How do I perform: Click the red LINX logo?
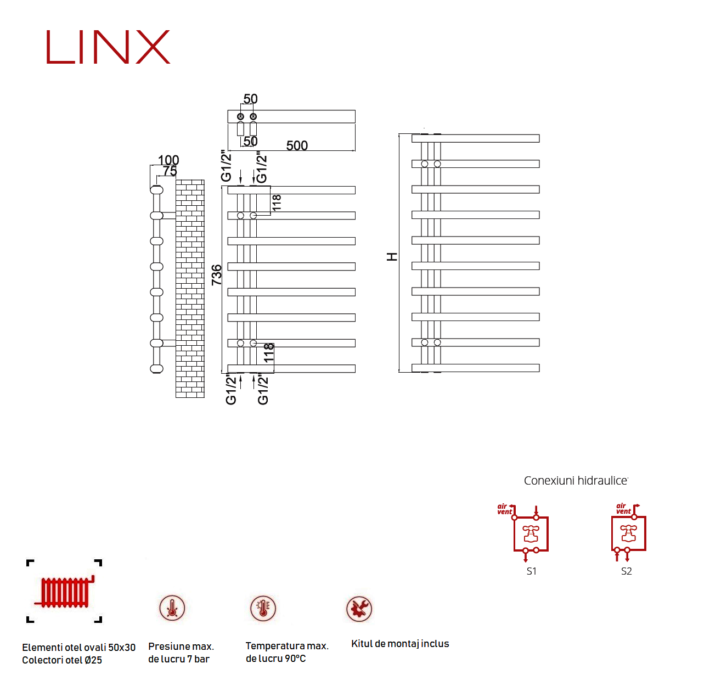pos(108,47)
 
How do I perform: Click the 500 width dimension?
pos(297,145)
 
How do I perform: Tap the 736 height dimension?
pos(217,274)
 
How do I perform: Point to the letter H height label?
pos(392,256)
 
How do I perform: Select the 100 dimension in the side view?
pos(168,160)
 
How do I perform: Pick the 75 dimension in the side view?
pos(170,171)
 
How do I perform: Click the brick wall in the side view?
pos(190,288)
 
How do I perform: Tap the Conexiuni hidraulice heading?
pos(576,481)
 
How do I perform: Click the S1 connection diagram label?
pos(531,571)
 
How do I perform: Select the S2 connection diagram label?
pos(626,571)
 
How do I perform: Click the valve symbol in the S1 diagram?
pos(531,533)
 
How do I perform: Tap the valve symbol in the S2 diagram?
pos(628,533)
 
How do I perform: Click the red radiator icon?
pos(65,592)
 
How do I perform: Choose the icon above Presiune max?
pos(172,608)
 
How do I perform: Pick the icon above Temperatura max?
pos(263,608)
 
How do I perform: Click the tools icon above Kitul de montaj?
pos(359,609)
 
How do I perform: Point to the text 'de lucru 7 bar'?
pos(179,659)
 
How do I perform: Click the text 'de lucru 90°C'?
pos(275,659)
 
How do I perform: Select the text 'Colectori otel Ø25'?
pos(62,660)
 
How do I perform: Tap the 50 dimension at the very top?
pos(250,99)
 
